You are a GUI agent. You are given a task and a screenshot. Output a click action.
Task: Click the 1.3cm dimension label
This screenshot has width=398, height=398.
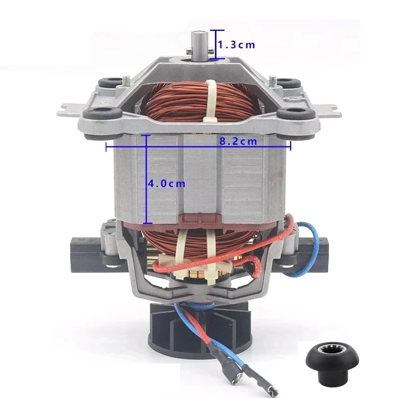click(237, 45)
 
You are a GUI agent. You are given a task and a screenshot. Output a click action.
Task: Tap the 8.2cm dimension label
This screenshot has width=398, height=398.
click(238, 141)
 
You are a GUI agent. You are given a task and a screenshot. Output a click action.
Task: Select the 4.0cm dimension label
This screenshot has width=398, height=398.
click(167, 183)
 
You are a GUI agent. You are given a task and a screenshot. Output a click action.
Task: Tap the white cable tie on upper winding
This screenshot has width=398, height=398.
click(211, 99)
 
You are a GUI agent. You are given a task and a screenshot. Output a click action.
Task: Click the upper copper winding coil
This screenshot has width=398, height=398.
click(174, 102)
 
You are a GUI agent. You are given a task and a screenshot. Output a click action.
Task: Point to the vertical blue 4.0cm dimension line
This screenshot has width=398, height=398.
click(146, 199)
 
